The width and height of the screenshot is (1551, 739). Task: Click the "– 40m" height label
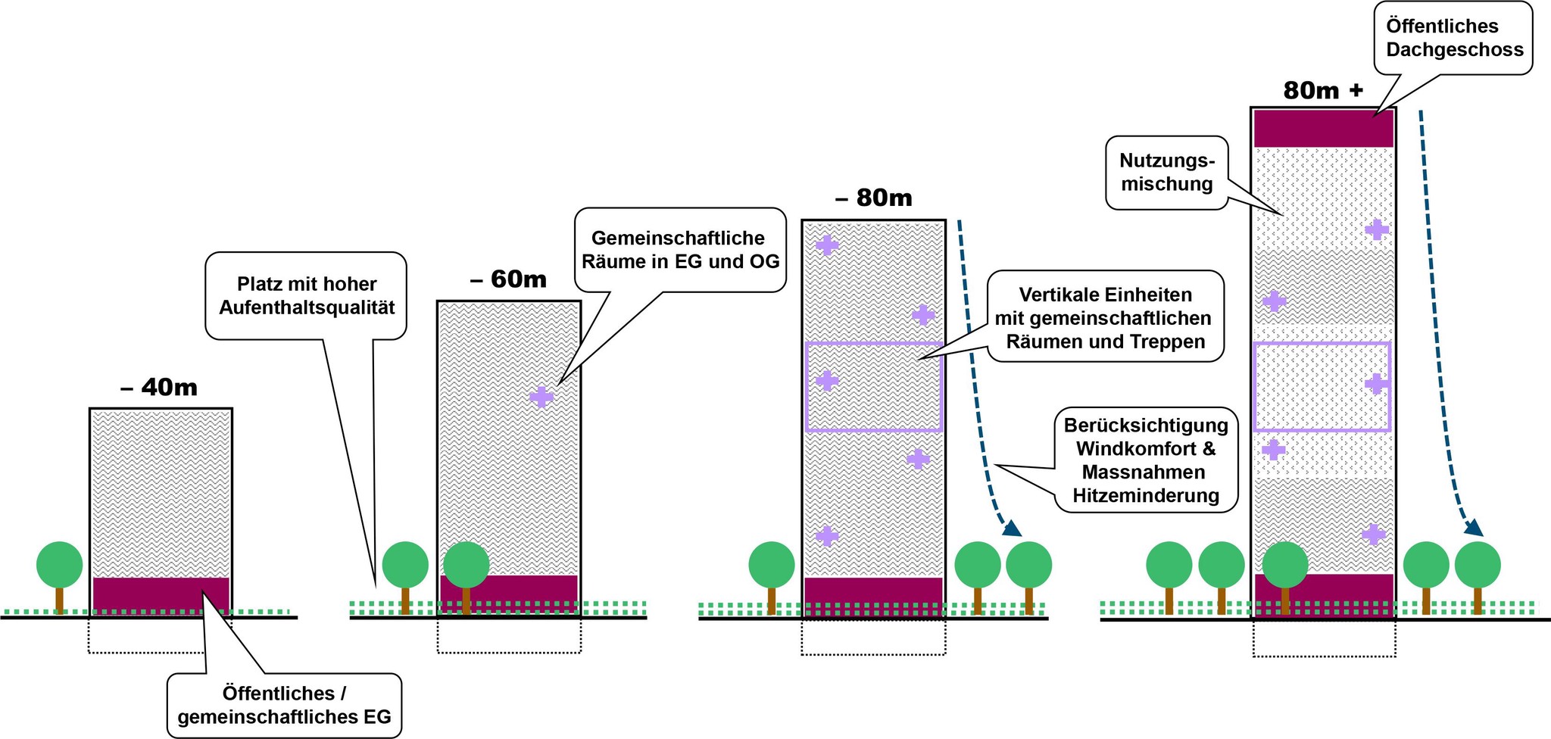(x=159, y=388)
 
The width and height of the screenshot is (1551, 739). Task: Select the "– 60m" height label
(x=508, y=279)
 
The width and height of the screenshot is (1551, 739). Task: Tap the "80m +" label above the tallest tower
(x=1323, y=91)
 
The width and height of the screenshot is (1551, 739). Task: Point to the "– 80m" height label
(x=873, y=198)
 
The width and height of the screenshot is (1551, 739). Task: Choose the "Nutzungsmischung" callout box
(x=1167, y=173)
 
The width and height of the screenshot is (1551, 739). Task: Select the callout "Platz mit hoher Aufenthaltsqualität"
(x=307, y=295)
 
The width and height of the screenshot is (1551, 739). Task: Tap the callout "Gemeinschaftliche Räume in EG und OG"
(x=679, y=250)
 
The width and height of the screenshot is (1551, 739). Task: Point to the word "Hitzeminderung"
(x=1146, y=497)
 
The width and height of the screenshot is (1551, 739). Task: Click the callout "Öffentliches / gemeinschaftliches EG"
(x=284, y=705)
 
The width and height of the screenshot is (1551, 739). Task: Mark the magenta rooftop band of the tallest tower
(x=1323, y=129)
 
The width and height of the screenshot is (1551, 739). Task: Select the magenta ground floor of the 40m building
(x=161, y=595)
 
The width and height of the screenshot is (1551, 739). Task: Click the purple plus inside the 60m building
(x=541, y=397)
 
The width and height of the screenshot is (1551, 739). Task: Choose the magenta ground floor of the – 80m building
(x=873, y=597)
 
